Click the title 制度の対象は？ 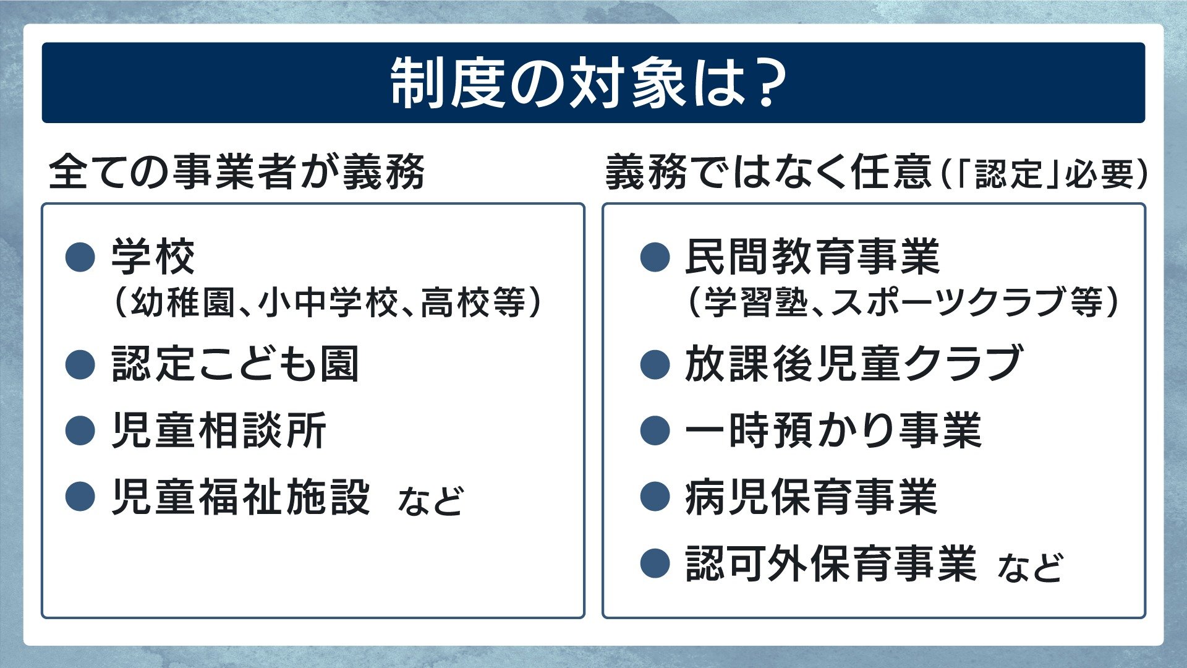587,83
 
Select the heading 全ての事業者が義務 236,171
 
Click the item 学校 153,256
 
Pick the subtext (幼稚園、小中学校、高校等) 328,302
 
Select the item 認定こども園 235,364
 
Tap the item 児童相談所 219,430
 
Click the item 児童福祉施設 241,497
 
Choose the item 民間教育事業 812,256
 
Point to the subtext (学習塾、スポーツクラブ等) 903,302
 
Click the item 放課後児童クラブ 853,364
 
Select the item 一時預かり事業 833,430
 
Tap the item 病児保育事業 811,497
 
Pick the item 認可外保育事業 831,563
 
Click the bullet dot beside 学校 80,257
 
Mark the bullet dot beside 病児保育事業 655,497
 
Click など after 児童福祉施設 430,500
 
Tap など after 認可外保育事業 1030,567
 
